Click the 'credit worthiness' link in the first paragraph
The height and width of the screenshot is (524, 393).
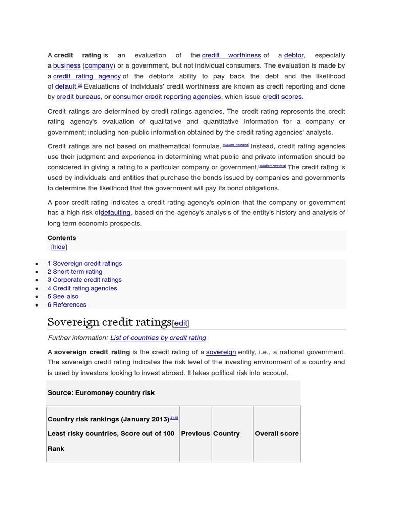[x=231, y=55]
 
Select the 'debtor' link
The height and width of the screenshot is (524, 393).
[x=294, y=55]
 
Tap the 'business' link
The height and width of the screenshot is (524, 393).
[x=67, y=65]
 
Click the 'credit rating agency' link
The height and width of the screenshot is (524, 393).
[x=87, y=76]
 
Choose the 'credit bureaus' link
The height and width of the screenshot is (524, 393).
[x=78, y=97]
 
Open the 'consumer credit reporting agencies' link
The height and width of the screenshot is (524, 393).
[x=166, y=97]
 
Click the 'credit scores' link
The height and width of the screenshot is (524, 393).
[x=282, y=97]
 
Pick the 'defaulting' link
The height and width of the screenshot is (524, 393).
[x=116, y=213]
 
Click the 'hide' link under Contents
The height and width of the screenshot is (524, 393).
[x=59, y=247]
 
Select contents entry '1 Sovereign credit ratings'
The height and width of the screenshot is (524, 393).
[x=84, y=264]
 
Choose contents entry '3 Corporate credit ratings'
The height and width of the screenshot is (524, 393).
[x=84, y=280]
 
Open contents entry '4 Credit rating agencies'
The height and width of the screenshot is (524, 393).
[x=82, y=288]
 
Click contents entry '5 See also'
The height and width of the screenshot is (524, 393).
[x=63, y=296]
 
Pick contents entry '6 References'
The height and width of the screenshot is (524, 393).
[x=67, y=304]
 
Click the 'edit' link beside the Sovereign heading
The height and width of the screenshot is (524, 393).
[x=181, y=323]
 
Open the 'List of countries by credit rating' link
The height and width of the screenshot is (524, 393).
[x=158, y=338]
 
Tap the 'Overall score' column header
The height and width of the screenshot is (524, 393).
[x=277, y=433]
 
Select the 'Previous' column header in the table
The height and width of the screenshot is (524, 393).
[x=195, y=433]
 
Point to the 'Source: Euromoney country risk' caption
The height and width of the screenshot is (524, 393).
[x=101, y=392]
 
